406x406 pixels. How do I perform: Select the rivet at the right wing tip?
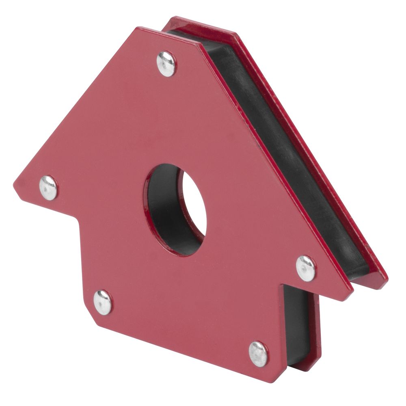click(306, 268)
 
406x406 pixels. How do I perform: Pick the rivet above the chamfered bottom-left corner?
click(103, 302)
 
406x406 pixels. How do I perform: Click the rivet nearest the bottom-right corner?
click(259, 354)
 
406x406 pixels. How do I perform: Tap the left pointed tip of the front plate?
click(15, 188)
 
